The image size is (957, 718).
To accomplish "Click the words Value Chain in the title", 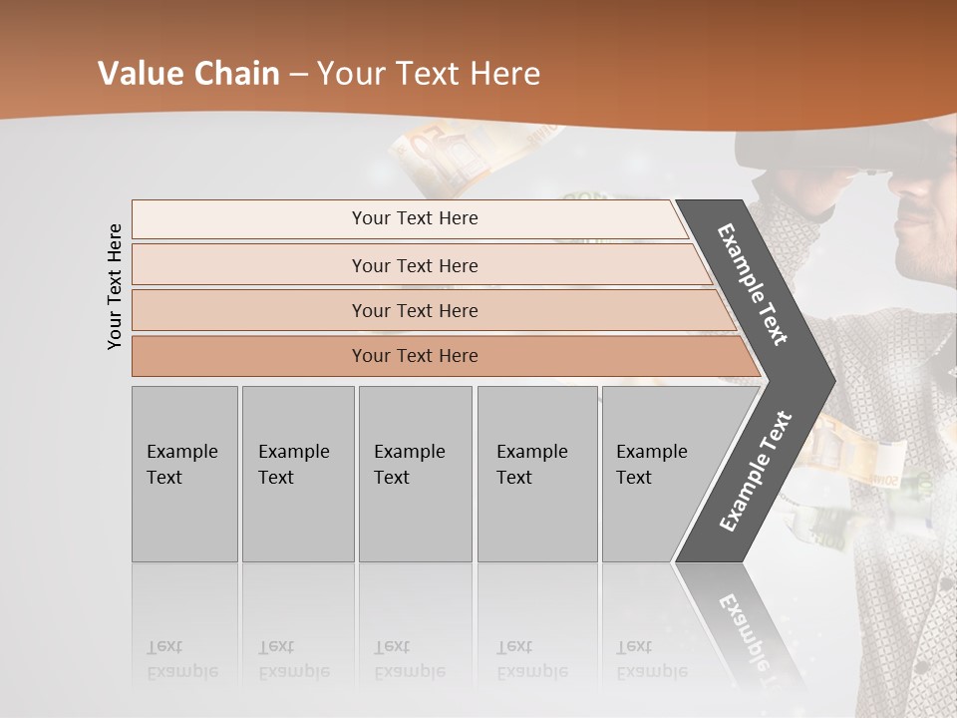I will tap(188, 74).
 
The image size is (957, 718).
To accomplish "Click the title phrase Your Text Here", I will tap(429, 74).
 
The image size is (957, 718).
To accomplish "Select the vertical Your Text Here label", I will tap(116, 286).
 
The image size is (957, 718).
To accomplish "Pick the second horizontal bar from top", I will tap(414, 265).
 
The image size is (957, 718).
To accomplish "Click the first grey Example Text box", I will tap(184, 474).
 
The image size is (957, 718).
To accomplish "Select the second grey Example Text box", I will tap(297, 474).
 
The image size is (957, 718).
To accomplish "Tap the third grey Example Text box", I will tap(415, 474).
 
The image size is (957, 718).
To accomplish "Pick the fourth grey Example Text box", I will tap(536, 474).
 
